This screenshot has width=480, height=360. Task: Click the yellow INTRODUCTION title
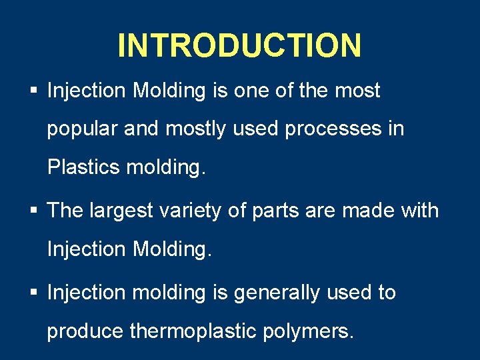point(239,45)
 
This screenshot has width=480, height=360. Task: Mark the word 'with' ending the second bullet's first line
point(419,211)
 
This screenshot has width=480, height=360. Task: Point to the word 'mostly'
point(196,129)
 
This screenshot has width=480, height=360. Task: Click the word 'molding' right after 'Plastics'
point(166,167)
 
